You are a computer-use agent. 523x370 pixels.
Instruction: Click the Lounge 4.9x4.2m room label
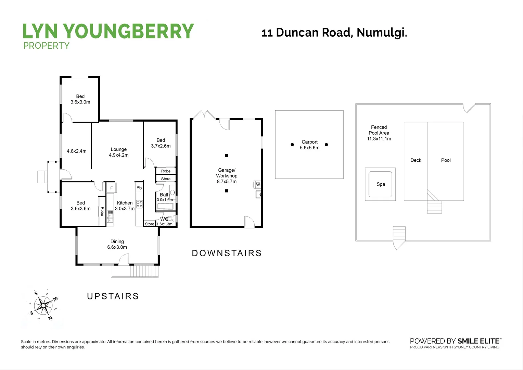119,152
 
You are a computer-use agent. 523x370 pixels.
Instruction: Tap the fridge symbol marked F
111,188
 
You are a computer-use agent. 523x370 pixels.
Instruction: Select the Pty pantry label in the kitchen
139,188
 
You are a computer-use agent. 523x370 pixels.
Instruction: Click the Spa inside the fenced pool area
381,184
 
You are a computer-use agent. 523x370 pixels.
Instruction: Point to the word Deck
416,160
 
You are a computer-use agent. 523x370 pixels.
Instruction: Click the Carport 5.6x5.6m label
309,145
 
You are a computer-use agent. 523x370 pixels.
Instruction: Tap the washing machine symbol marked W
258,185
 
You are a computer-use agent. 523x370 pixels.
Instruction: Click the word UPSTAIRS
113,296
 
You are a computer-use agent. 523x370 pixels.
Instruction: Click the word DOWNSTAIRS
227,253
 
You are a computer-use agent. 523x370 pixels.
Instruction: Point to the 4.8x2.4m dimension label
76,151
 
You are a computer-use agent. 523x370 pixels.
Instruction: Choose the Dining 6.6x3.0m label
117,244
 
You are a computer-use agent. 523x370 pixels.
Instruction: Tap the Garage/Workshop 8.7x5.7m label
227,176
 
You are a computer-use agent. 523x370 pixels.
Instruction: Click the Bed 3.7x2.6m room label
161,143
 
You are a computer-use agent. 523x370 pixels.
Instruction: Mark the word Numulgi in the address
382,33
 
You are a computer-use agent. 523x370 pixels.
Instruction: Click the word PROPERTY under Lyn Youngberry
46,46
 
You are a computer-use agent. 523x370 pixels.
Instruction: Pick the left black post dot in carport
292,145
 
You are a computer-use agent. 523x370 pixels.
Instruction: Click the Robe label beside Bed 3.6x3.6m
102,211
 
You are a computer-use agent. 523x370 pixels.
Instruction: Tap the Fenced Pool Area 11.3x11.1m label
379,133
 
